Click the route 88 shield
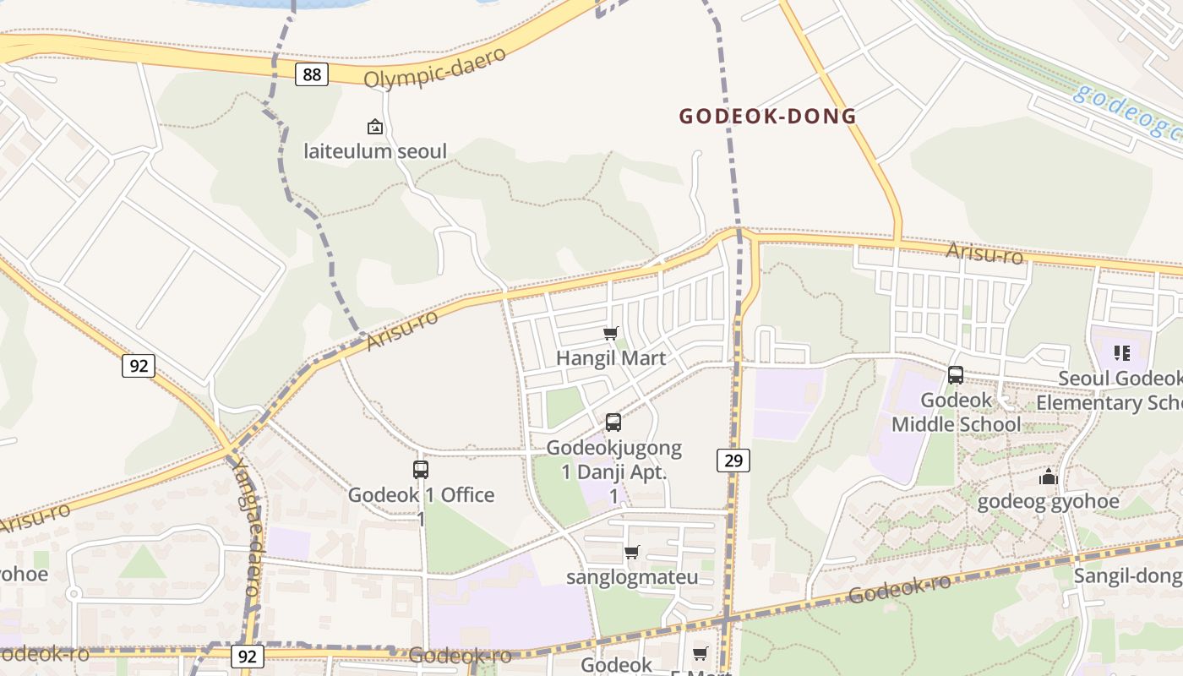[312, 74]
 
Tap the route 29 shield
[733, 461]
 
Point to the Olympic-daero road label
[435, 67]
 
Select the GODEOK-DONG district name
[768, 117]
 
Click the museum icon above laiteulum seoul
[374, 128]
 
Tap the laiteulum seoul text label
[375, 152]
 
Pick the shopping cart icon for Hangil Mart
[611, 334]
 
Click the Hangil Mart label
[611, 358]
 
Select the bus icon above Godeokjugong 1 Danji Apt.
[613, 422]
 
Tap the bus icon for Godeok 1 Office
[421, 470]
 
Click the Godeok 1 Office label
[421, 495]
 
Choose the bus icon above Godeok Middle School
[956, 375]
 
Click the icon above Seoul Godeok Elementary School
[1122, 353]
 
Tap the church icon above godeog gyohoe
[1049, 477]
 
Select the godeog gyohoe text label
[1048, 502]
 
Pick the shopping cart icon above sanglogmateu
[631, 553]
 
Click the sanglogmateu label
[632, 578]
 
